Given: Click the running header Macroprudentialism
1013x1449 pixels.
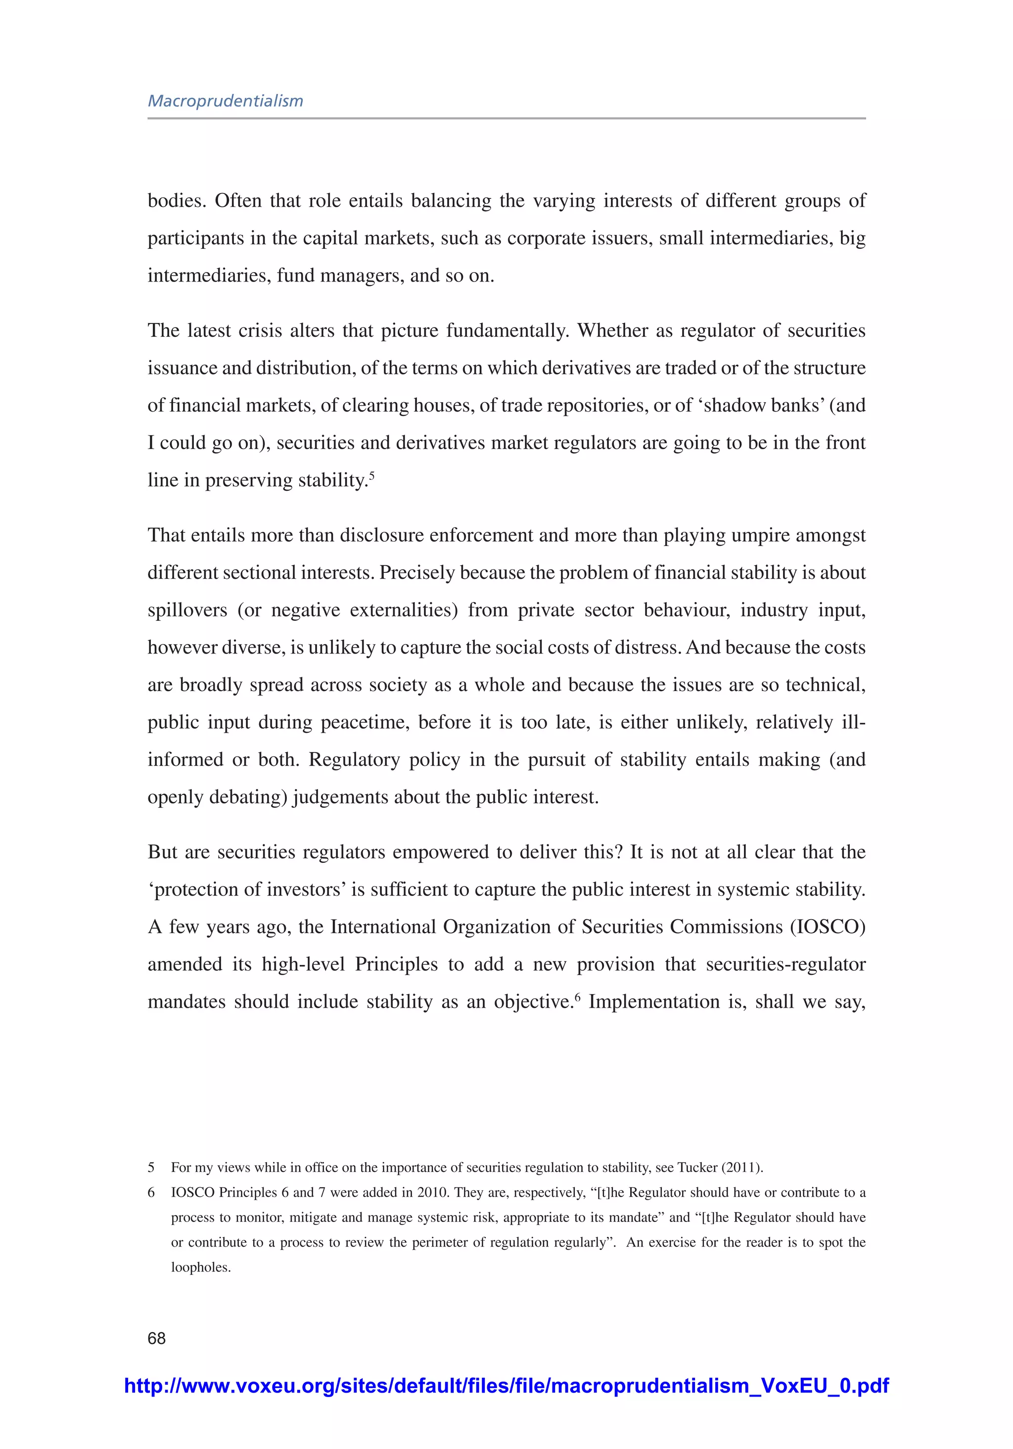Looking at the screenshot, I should click(226, 101).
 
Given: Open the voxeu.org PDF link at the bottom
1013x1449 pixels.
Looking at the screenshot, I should click(506, 1385).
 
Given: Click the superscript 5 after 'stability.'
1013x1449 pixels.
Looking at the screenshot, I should click(372, 475).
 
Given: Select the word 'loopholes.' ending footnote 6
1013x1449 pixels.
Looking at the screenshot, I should click(201, 1267).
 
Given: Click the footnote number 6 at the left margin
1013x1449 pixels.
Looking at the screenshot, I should click(151, 1192).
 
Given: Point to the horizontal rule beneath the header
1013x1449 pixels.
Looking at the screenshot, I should click(506, 118).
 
